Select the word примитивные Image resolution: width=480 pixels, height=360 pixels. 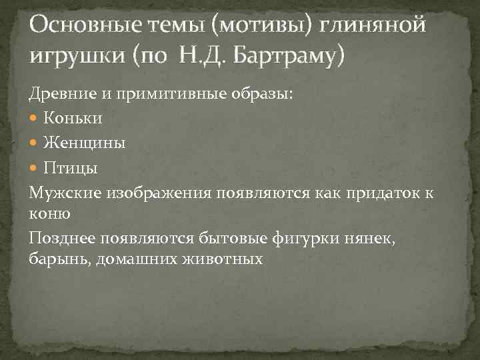(158, 94)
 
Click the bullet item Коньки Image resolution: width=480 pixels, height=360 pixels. (73, 119)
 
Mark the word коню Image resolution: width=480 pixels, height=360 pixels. (47, 214)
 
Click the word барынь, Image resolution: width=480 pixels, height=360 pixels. (60, 259)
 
